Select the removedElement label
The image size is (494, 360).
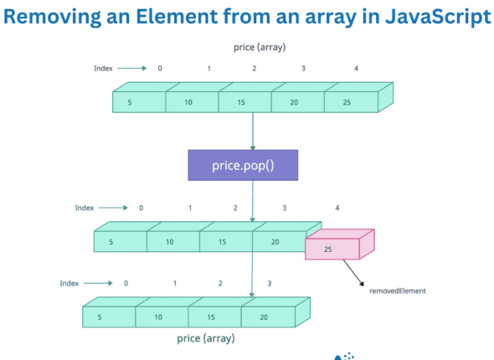point(398,291)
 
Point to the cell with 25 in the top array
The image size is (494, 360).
point(349,102)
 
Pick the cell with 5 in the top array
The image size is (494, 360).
point(139,102)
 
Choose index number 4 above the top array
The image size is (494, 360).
point(357,68)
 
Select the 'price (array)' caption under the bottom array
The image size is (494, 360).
point(206,338)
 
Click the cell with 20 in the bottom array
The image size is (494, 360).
point(264,317)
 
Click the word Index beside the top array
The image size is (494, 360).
point(103,68)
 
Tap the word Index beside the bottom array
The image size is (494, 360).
point(69,284)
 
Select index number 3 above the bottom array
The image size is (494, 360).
point(269,284)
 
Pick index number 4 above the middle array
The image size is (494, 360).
point(337,208)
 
